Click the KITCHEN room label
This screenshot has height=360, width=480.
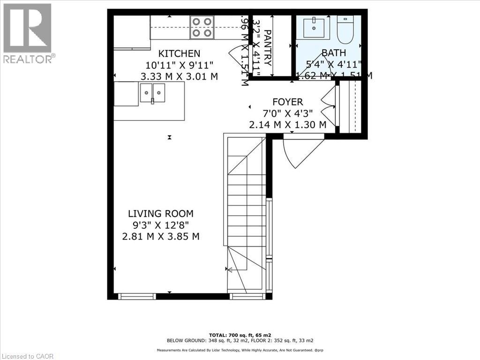pos(179,54)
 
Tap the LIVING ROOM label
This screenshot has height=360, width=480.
pos(160,214)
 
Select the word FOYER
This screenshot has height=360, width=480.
pos(288,102)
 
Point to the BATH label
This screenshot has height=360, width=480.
pos(333,53)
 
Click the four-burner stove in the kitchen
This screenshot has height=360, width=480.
pos(202,27)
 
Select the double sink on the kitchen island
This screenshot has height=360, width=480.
pos(152,93)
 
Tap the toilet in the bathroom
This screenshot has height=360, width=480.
pos(345,29)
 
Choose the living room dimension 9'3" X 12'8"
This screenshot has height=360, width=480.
pos(160,225)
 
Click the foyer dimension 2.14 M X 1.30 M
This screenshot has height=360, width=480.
pos(288,124)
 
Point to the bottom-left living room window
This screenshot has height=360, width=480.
pos(136,296)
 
